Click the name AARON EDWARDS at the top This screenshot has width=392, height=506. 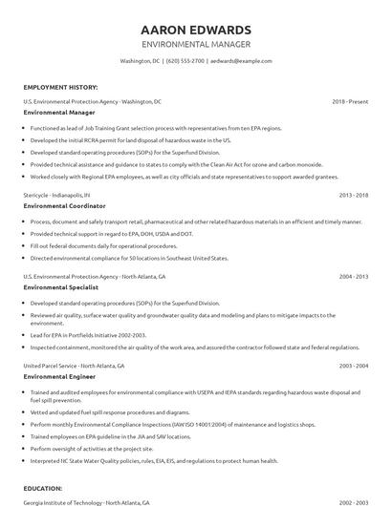(x=196, y=29)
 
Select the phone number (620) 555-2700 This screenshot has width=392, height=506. (x=185, y=60)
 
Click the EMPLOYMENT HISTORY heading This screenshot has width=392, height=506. (x=59, y=86)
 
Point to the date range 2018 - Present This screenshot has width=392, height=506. (x=350, y=100)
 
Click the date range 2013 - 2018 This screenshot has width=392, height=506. (x=354, y=194)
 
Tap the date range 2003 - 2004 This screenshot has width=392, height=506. (x=354, y=366)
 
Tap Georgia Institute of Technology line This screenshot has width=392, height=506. (x=86, y=502)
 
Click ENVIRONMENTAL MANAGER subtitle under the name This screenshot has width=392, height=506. (x=196, y=44)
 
